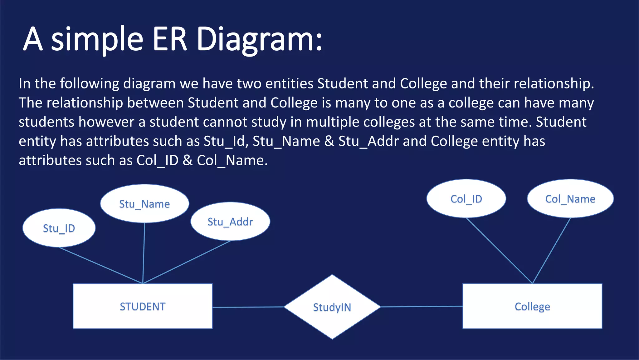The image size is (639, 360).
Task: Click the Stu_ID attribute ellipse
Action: [59, 228]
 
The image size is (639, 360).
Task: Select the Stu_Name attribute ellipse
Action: [144, 204]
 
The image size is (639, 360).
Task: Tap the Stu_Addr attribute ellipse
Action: [230, 222]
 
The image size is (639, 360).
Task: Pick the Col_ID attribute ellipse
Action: [466, 199]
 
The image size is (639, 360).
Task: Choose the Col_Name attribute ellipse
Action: [570, 199]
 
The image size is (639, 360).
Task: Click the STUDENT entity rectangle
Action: [143, 306]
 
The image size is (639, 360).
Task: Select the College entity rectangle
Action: [532, 306]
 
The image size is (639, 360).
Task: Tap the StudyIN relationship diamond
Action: [332, 307]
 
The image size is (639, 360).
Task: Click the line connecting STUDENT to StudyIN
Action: [248, 307]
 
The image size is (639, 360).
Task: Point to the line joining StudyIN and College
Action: [421, 307]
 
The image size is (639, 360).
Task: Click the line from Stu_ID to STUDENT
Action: [100, 265]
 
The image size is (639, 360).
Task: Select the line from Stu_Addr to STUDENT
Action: [187, 262]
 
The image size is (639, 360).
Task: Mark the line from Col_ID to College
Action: [499, 251]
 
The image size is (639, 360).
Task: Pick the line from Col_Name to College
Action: [551, 251]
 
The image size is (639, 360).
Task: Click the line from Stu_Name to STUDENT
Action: [144, 253]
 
